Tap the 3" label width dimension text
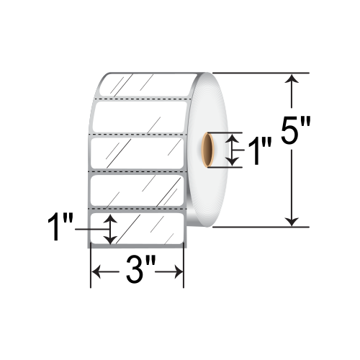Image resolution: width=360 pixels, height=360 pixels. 136,272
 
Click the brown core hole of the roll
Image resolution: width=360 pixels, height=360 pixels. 207,149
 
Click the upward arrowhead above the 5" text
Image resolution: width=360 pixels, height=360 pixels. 291,81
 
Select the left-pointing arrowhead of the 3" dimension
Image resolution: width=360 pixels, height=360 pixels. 94,272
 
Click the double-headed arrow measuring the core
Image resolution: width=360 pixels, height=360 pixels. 232,149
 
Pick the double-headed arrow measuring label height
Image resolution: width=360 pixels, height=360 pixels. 109,229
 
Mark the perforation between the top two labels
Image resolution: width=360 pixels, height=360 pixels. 140,99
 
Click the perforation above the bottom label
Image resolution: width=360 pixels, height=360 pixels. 137,209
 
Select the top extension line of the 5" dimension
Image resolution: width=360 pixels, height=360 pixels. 259,73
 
